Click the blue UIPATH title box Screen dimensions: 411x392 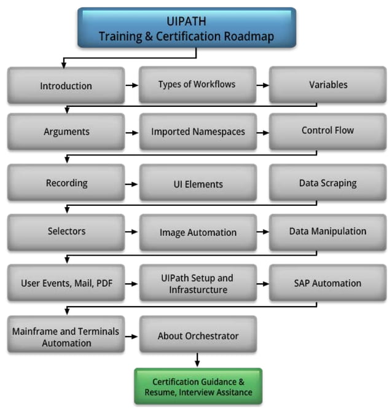187,28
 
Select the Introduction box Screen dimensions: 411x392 66,85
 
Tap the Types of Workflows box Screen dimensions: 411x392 197,85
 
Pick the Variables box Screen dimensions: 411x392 327,85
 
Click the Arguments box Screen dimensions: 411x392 66,131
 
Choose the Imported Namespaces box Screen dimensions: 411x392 197,131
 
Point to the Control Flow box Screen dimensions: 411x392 327,131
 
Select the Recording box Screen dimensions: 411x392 66,183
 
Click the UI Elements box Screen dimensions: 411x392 197,184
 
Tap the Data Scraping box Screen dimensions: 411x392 327,183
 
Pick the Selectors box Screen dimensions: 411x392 66,232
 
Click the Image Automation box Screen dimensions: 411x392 197,232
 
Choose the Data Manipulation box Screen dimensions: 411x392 327,232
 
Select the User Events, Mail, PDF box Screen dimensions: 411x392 66,283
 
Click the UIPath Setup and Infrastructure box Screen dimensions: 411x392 197,284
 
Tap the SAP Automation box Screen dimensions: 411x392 327,283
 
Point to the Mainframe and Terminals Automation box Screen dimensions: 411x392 66,335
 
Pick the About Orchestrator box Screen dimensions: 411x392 197,335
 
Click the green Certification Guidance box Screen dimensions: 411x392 198,386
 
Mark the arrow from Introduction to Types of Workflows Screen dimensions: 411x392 131,85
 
